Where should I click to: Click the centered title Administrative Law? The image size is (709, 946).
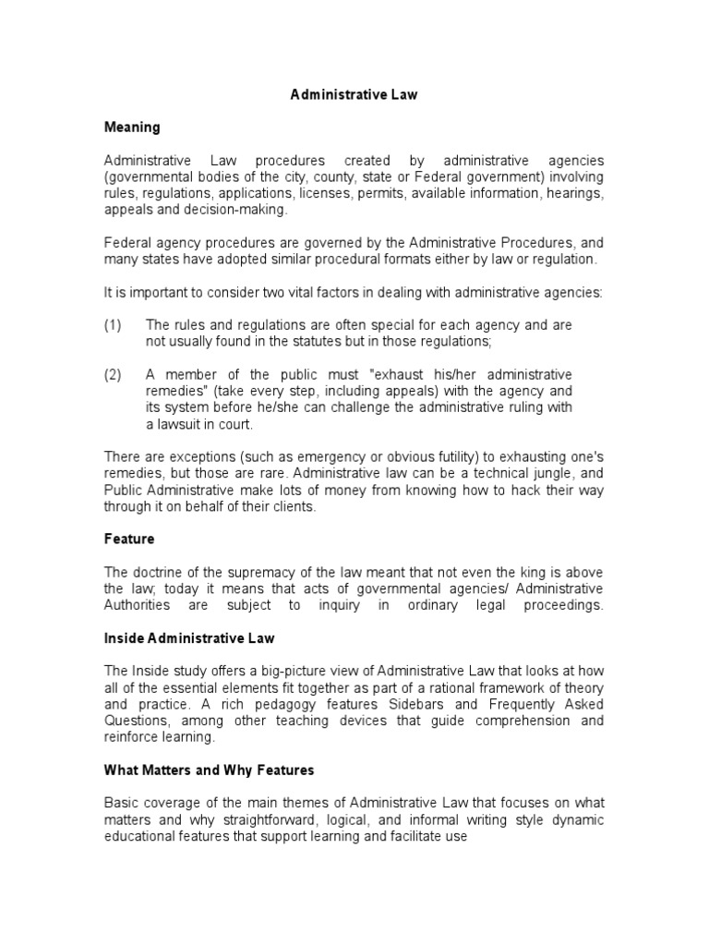tap(354, 94)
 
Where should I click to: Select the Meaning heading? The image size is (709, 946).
tap(132, 127)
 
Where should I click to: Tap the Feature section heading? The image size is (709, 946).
tap(128, 538)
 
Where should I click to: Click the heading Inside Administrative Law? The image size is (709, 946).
tap(189, 638)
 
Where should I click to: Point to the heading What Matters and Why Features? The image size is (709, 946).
tap(209, 770)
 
